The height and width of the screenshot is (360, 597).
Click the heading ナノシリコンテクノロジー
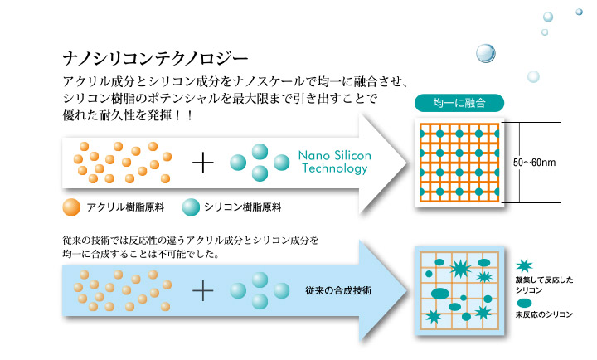(155, 59)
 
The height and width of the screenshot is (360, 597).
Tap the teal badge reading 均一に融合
(459, 103)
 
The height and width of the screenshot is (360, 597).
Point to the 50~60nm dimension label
(534, 163)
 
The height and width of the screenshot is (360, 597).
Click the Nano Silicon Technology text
(335, 162)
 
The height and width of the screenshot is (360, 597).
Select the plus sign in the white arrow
(203, 163)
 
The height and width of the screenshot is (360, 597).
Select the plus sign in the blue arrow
(203, 291)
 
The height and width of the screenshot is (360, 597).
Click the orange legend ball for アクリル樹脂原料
(71, 207)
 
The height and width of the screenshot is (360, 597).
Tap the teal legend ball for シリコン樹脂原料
(191, 207)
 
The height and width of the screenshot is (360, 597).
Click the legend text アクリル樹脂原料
(125, 207)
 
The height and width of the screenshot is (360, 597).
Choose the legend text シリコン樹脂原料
(242, 207)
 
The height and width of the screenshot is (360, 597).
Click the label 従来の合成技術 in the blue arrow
(338, 290)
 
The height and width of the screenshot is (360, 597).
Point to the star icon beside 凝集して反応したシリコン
(524, 265)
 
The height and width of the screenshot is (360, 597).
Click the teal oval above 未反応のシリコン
(524, 304)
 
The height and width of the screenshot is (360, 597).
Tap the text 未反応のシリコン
(544, 314)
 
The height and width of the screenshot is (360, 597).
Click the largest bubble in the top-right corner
(486, 53)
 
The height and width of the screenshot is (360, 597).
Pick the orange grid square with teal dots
(459, 163)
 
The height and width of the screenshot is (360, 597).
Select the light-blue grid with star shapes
(459, 290)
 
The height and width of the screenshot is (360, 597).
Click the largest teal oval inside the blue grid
(440, 294)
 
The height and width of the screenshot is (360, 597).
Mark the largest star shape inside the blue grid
(461, 269)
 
